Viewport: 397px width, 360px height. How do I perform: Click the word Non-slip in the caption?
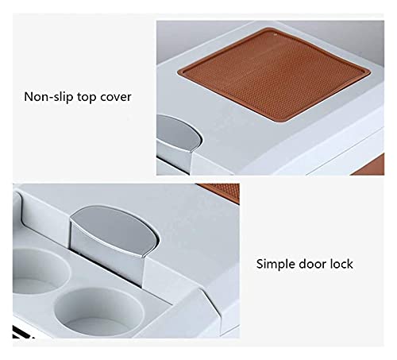(48, 97)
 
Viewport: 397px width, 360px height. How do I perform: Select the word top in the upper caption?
(87, 98)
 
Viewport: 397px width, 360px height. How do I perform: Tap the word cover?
(115, 98)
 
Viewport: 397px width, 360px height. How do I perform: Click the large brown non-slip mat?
(274, 75)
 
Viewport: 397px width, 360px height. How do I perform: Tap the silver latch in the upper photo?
(178, 141)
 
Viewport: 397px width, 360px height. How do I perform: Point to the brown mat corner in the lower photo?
(221, 192)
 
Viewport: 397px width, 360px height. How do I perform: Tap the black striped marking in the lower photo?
(22, 333)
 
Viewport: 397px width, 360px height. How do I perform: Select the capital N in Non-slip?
(29, 97)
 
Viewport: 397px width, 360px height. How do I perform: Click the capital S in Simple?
(260, 264)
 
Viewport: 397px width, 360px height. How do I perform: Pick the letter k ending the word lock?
(350, 264)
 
